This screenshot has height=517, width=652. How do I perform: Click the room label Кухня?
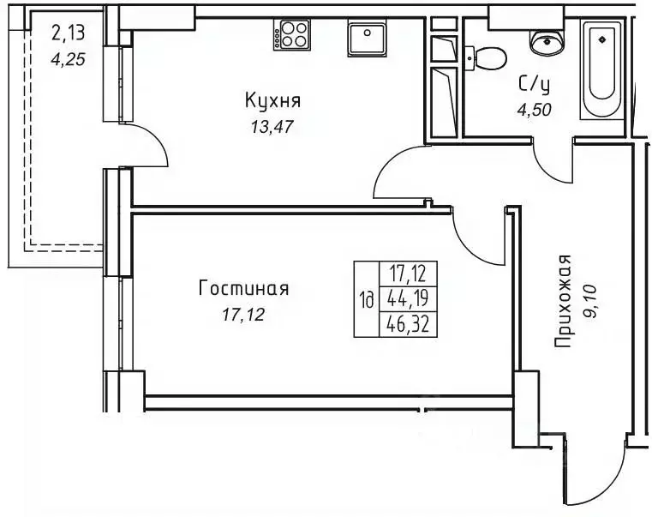(272, 102)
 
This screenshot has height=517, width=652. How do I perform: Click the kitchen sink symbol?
(369, 39)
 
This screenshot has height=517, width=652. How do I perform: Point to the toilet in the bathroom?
(486, 58)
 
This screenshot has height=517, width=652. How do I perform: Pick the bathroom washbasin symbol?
(543, 39)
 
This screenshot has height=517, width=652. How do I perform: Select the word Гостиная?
(243, 289)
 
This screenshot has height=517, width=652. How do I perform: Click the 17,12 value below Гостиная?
(242, 315)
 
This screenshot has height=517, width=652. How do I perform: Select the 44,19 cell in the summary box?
(408, 300)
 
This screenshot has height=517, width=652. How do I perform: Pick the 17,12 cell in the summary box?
(408, 275)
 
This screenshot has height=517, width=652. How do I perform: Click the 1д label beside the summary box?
(367, 300)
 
